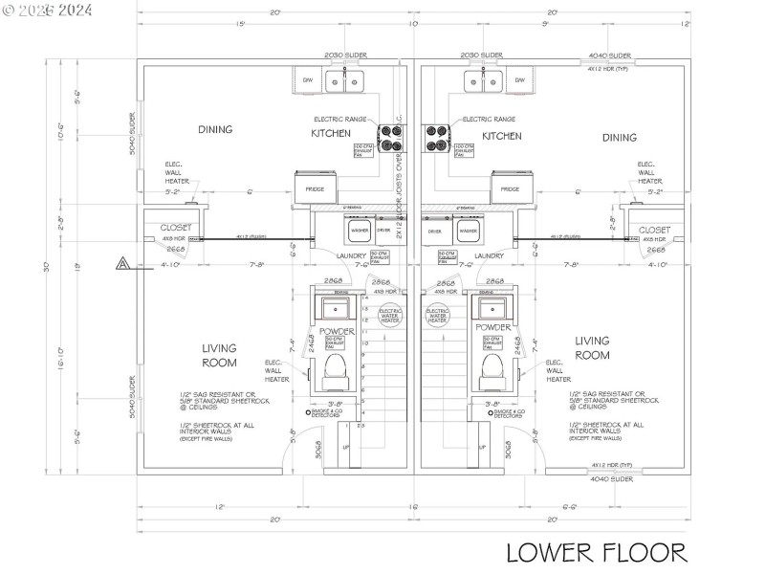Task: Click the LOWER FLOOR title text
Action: [596, 552]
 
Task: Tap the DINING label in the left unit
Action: [215, 129]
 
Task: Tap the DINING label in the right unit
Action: [619, 137]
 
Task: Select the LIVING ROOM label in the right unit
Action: [592, 347]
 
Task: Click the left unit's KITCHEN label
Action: [331, 134]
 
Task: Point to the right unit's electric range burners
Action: [436, 139]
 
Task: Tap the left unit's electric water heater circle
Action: [390, 316]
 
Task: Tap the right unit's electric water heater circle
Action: [437, 316]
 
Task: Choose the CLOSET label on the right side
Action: [654, 230]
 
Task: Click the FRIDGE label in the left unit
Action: [315, 189]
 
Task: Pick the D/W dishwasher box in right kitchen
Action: [519, 80]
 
